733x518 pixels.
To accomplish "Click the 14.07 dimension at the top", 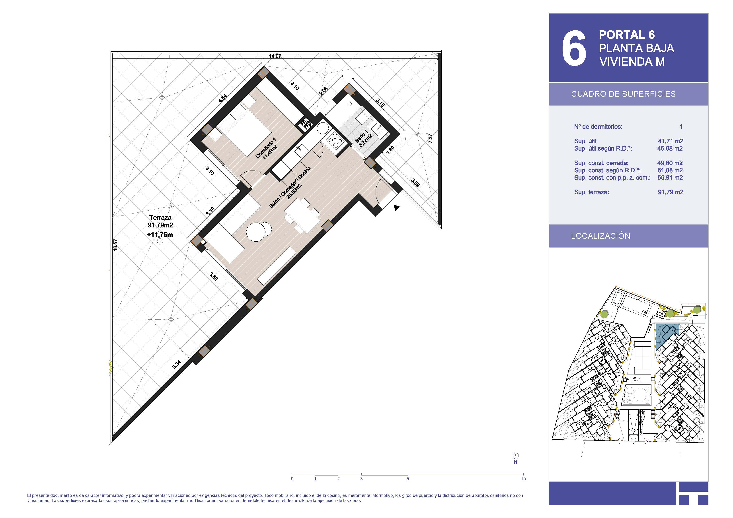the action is [x=275, y=56].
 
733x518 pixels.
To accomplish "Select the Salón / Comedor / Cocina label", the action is [x=290, y=187].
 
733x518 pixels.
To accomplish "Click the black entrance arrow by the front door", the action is [x=396, y=208].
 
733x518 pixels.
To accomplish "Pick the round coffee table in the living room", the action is [x=259, y=231].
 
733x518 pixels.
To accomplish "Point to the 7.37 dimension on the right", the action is [x=430, y=138].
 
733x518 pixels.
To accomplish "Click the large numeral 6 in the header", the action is [x=574, y=49].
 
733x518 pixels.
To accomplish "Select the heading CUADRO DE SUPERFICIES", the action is [x=623, y=94].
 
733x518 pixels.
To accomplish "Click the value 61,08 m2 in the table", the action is [x=670, y=171].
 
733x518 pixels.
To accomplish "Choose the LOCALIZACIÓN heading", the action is [x=600, y=236].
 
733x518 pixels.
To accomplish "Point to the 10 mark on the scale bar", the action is [x=523, y=479].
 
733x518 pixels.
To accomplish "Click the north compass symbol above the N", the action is [x=516, y=456].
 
